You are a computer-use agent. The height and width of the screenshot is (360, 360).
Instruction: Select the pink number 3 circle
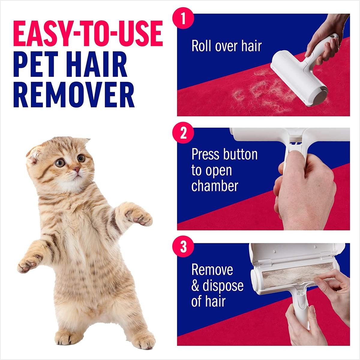pyautogui.click(x=183, y=246)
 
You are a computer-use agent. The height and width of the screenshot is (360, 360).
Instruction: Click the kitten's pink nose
pyautogui.click(x=76, y=169)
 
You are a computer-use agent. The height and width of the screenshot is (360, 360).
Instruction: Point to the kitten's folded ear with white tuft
pyautogui.click(x=35, y=154)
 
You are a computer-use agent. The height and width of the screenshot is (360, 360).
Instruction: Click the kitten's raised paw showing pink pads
pyautogui.click(x=139, y=217)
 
